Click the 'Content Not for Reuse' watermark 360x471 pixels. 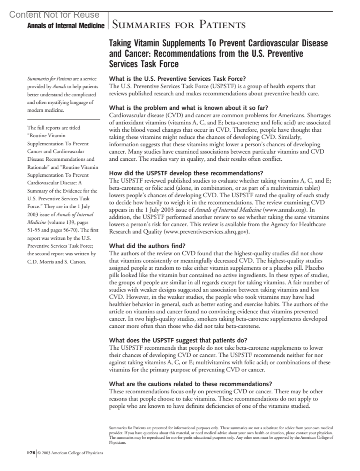click(x=54, y=15)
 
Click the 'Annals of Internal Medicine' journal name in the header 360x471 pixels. click(x=66, y=26)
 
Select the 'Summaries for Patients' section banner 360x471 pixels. click(x=178, y=25)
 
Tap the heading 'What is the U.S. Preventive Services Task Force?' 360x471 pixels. click(x=177, y=79)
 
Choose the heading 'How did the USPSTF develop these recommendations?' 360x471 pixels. click(x=186, y=173)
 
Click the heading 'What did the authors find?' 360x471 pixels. click(x=147, y=246)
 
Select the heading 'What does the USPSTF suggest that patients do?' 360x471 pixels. click(x=178, y=341)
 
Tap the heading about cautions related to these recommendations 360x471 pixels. click(x=190, y=384)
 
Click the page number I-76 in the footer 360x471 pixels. click(x=31, y=453)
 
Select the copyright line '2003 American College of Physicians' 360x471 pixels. click(x=72, y=453)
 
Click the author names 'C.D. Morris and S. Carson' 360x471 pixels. click(x=56, y=262)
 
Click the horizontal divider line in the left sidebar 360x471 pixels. click(x=63, y=119)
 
